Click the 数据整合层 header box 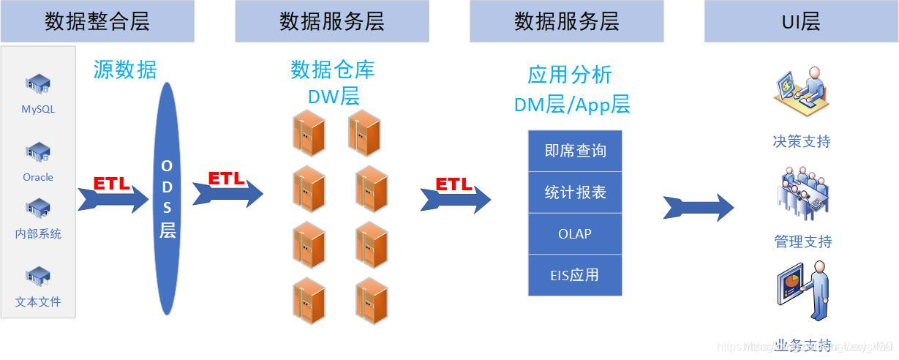(97, 21)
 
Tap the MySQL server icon (38, 86)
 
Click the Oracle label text (38, 177)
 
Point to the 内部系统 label (38, 234)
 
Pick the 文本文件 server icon (38, 277)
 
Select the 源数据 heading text (125, 70)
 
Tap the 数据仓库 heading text (333, 70)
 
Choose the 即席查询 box (575, 151)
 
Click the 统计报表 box (575, 192)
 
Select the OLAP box (575, 234)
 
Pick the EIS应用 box (575, 275)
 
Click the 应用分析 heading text (570, 75)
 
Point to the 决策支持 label (802, 141)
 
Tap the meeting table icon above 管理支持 (802, 193)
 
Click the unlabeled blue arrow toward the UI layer (698, 207)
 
